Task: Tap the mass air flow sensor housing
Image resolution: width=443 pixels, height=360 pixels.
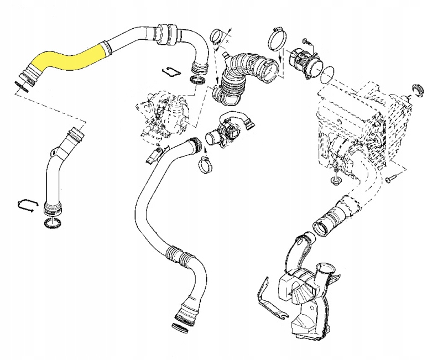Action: pos(306,62)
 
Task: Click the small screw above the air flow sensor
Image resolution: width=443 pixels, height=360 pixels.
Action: pos(305,41)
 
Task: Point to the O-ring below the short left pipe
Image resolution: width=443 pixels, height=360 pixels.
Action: pos(52,223)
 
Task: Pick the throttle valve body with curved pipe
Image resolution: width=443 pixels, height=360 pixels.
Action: pos(227,131)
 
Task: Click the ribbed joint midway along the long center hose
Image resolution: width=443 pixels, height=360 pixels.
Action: pos(179,255)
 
